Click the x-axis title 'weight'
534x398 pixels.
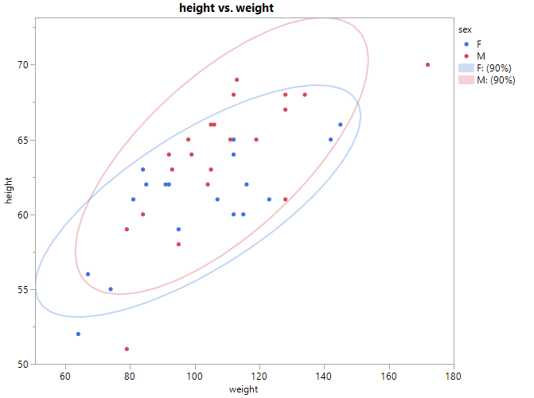click(x=243, y=389)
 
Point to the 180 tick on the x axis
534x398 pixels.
click(x=453, y=375)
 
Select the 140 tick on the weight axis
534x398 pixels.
click(x=324, y=375)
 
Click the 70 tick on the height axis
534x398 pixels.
click(x=23, y=64)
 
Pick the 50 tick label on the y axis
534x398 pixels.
click(x=23, y=364)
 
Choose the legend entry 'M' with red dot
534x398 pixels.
click(x=480, y=56)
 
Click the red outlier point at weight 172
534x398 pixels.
click(x=428, y=65)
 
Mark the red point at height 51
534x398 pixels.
click(x=127, y=349)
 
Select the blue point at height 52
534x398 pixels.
click(x=78, y=334)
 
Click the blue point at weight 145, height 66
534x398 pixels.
click(x=341, y=125)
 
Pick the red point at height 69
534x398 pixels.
click(x=237, y=79)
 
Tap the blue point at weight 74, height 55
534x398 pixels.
click(x=111, y=289)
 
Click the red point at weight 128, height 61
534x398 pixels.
click(x=286, y=199)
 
